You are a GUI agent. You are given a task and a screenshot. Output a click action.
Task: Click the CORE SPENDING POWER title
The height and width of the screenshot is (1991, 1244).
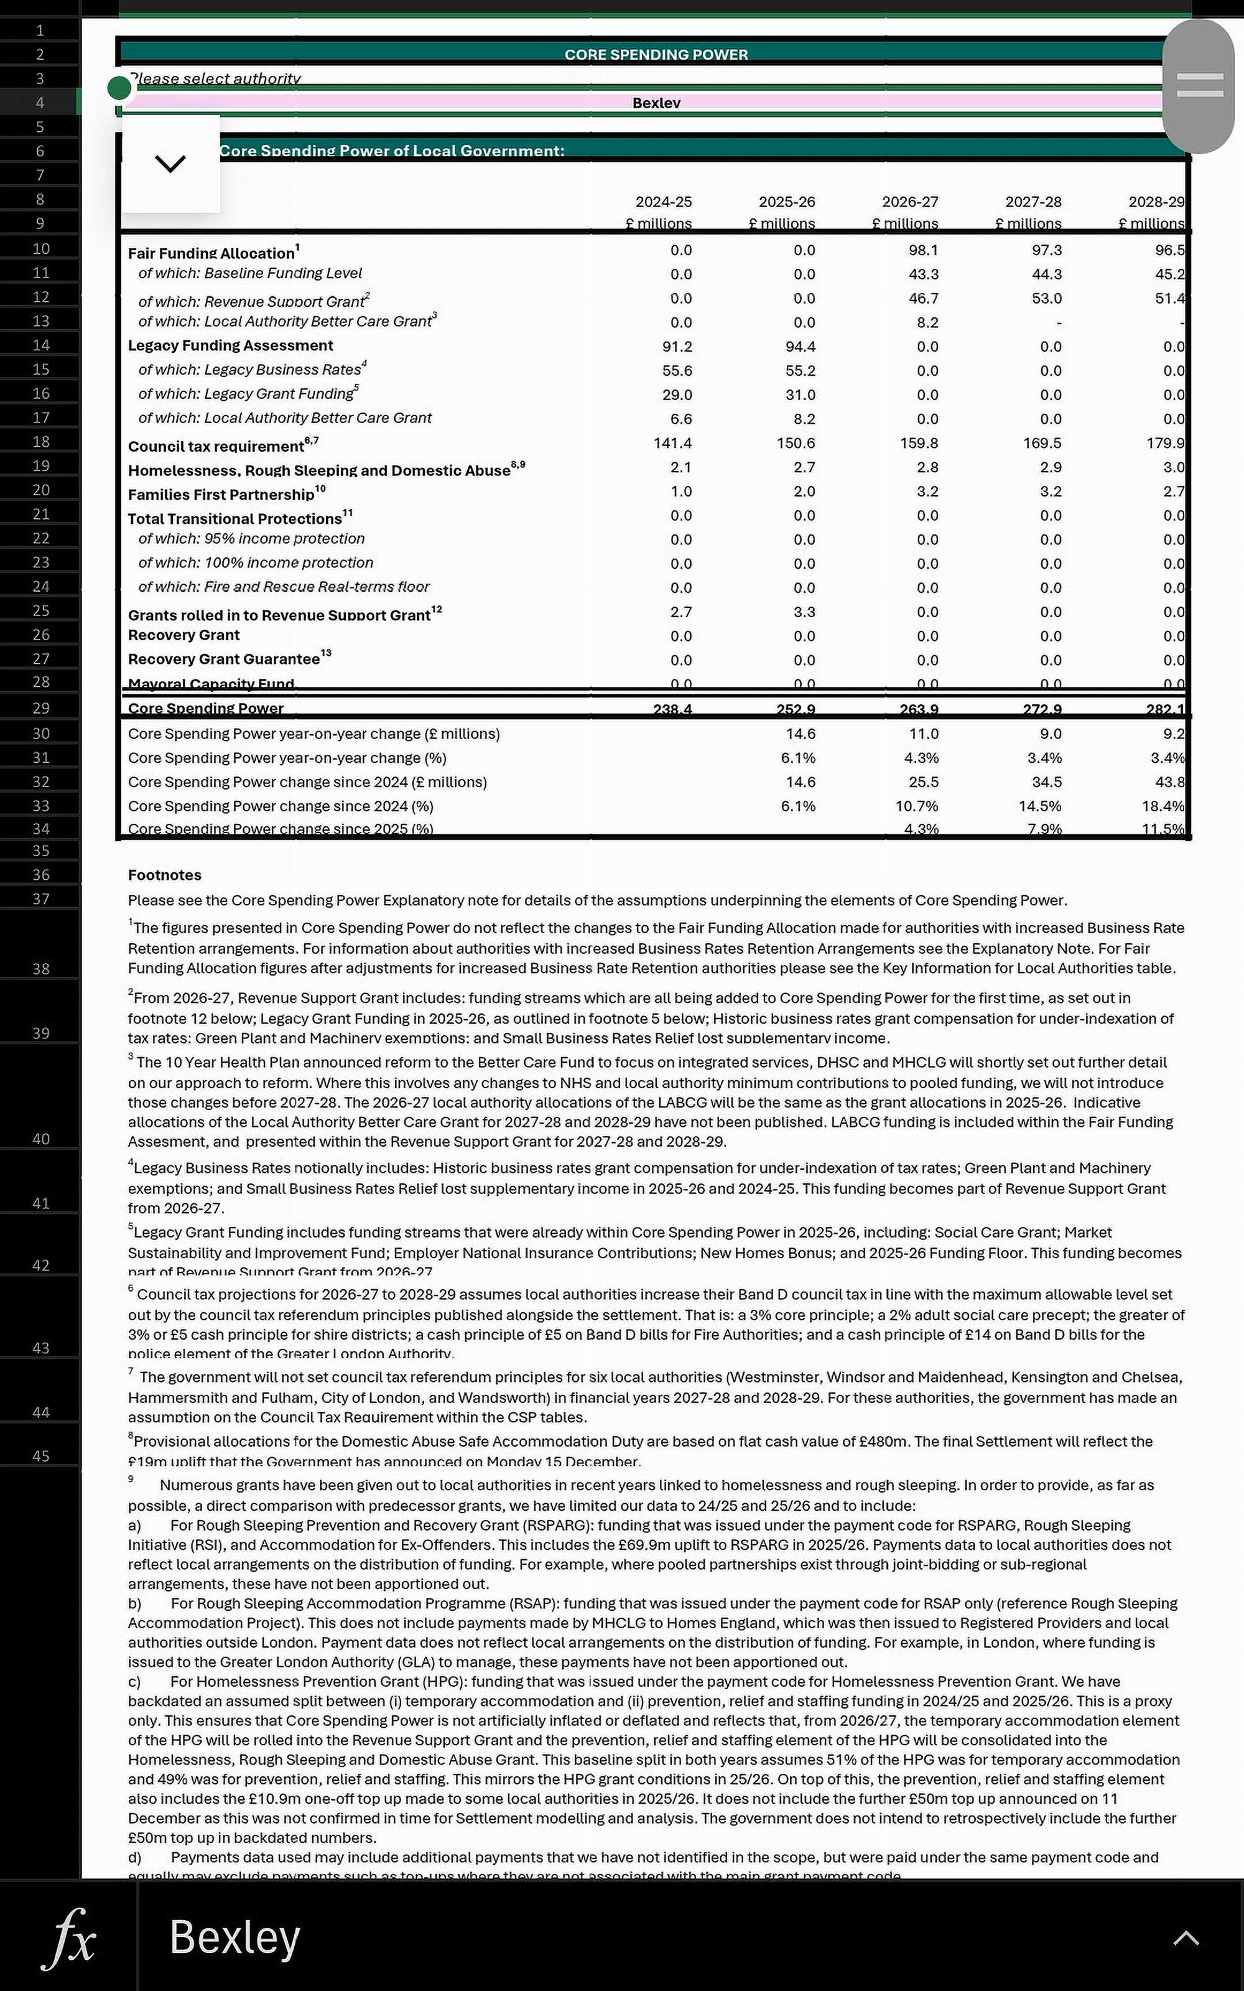click(656, 54)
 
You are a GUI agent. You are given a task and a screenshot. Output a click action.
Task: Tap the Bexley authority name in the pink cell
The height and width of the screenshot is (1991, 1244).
click(656, 103)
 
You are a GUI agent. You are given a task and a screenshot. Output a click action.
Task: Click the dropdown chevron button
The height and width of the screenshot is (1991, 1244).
click(170, 164)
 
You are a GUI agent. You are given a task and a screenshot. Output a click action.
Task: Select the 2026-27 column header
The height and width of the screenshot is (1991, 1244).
click(909, 202)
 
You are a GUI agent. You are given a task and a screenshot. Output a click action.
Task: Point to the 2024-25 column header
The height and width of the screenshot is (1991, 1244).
click(663, 202)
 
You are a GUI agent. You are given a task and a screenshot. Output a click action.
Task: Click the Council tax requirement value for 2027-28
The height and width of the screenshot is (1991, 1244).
click(1042, 442)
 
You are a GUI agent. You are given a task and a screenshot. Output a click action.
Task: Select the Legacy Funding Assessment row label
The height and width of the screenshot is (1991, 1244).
click(230, 345)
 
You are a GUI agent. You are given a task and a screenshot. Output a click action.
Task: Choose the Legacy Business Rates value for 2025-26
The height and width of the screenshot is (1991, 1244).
click(800, 370)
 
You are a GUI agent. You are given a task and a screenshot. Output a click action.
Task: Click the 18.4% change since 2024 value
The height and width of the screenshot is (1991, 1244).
click(1163, 806)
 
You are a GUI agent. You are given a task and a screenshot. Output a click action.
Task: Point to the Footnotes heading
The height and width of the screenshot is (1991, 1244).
click(165, 875)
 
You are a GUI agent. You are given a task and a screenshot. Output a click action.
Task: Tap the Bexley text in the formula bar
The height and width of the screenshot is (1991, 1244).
click(234, 1937)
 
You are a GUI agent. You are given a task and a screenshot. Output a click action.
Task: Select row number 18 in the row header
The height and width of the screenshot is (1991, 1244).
click(41, 442)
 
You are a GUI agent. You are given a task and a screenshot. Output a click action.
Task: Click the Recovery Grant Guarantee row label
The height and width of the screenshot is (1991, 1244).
click(224, 659)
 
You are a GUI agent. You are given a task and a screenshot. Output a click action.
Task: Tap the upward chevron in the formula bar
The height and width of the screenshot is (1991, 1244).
click(1186, 1937)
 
